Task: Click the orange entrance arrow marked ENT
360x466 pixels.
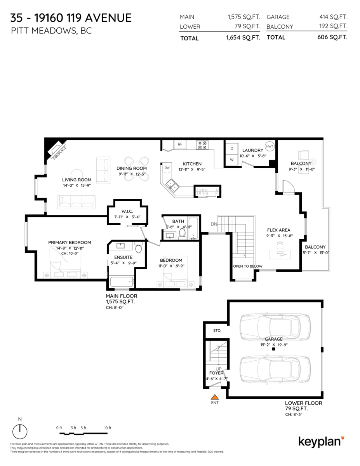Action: point(214,397)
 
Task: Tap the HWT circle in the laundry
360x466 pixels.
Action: point(270,146)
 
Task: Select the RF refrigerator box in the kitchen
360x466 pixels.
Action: point(180,144)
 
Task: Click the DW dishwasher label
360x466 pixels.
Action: point(167,168)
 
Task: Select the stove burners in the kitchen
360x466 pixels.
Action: point(202,145)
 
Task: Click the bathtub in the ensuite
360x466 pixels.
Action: point(122,282)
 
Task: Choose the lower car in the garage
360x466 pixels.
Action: point(270,369)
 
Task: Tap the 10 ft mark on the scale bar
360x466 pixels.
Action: point(108,428)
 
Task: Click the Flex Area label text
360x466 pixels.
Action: point(278,230)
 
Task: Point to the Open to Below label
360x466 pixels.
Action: point(247,266)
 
